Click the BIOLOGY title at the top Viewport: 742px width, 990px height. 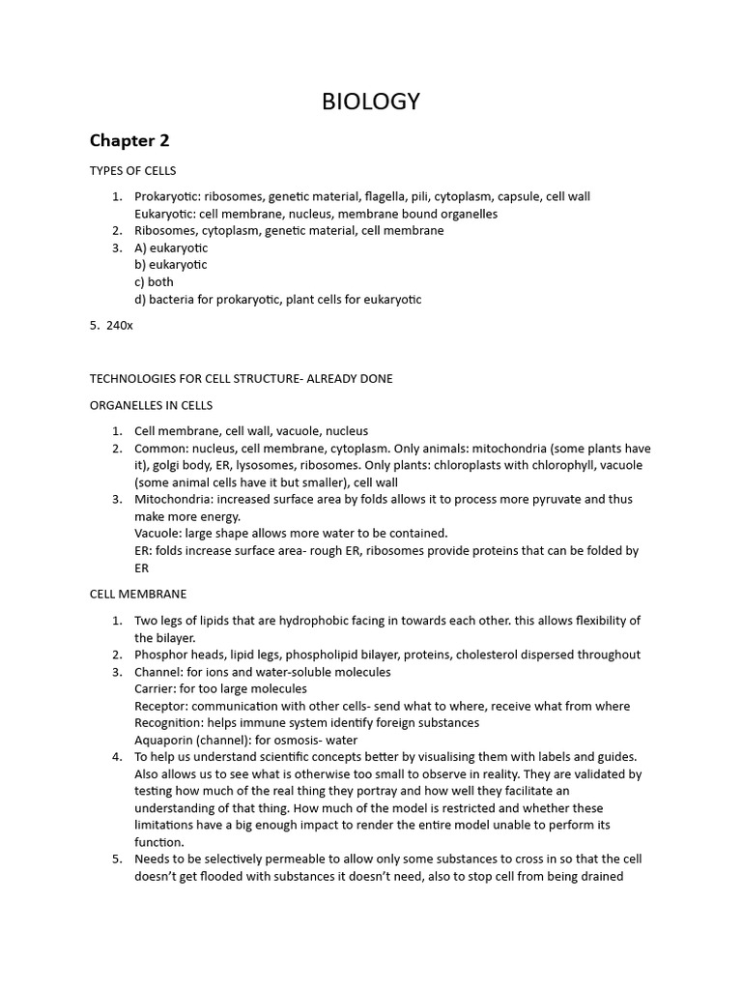click(x=371, y=102)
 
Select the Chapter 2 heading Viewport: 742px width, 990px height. click(x=129, y=140)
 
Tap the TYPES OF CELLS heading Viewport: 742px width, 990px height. click(x=133, y=170)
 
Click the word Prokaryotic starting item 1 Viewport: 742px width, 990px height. click(x=165, y=196)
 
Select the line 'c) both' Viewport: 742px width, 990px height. click(x=154, y=282)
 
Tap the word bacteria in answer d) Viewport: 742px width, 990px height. click(x=172, y=300)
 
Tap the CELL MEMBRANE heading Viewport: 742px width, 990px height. click(x=138, y=594)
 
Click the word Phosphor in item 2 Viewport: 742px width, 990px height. click(x=159, y=655)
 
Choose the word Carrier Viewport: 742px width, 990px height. click(x=154, y=689)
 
